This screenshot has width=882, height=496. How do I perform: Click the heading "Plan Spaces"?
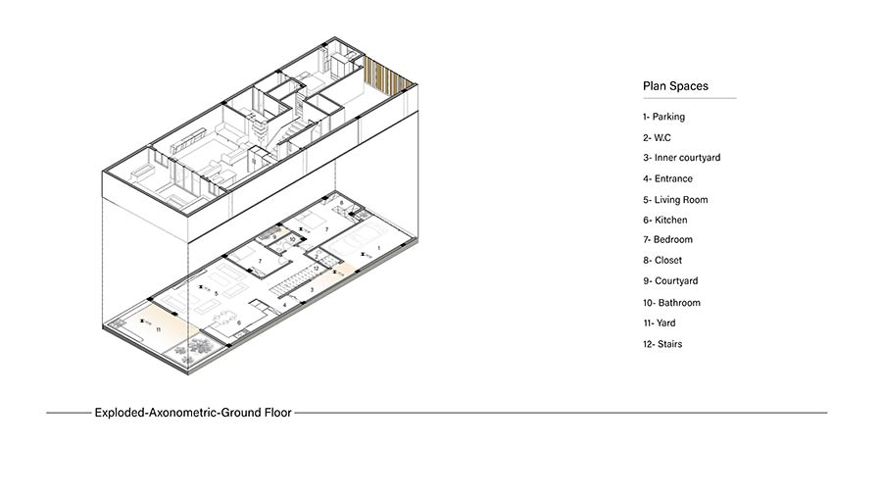pyautogui.click(x=675, y=86)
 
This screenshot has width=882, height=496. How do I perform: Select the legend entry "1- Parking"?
pyautogui.click(x=663, y=117)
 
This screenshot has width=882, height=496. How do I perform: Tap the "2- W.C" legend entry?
pyautogui.click(x=657, y=138)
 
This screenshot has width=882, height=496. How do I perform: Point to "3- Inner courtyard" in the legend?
pyautogui.click(x=682, y=158)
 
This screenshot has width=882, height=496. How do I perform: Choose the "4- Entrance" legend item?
pyautogui.click(x=667, y=178)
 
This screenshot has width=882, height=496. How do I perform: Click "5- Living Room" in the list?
pyautogui.click(x=675, y=200)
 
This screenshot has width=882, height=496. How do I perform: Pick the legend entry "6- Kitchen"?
pyautogui.click(x=664, y=220)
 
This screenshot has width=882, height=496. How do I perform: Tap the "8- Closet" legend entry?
pyautogui.click(x=662, y=261)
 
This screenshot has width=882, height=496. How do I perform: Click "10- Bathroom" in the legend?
pyautogui.click(x=671, y=303)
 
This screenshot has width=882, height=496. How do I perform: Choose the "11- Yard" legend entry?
pyautogui.click(x=660, y=323)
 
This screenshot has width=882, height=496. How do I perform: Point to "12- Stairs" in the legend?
pyautogui.click(x=662, y=344)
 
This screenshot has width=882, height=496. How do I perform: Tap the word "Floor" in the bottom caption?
pyautogui.click(x=278, y=413)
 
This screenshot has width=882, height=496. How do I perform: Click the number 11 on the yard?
pyautogui.click(x=158, y=329)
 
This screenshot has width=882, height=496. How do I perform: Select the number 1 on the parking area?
pyautogui.click(x=379, y=248)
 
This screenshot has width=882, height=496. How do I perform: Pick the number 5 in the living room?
pyautogui.click(x=216, y=293)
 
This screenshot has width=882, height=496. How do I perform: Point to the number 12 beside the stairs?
pyautogui.click(x=317, y=269)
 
